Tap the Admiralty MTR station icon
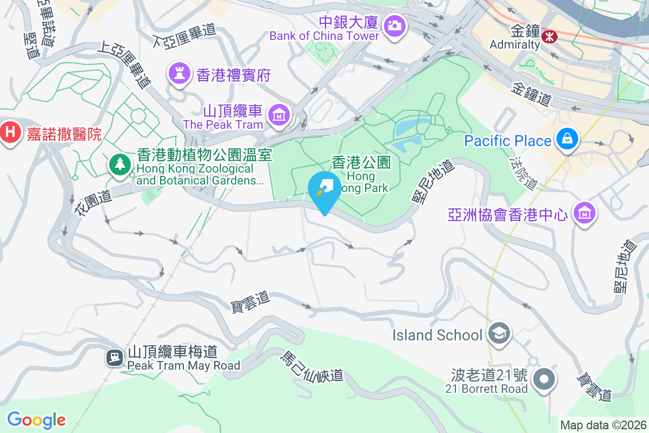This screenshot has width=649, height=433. click(550, 37)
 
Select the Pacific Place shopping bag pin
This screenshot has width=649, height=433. click(567, 140)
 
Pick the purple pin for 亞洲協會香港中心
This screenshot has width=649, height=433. click(584, 212)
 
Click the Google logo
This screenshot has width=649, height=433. click(36, 419)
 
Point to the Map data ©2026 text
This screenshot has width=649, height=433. click(603, 425)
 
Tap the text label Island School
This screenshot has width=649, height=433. click(437, 335)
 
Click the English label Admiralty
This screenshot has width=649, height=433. click(514, 44)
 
